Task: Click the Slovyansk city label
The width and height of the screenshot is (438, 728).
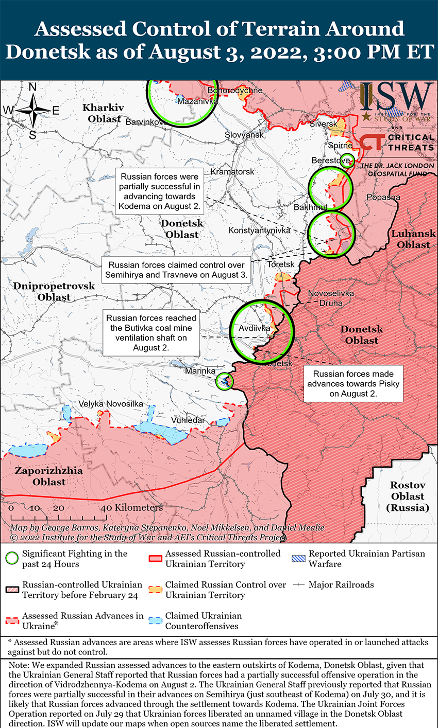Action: point(244,135)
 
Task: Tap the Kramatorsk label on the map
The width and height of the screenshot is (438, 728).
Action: point(232,172)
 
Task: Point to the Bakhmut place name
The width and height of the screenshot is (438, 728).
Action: point(310,207)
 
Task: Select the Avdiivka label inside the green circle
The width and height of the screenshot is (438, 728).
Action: point(255,328)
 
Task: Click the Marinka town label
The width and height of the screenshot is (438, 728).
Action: point(200,371)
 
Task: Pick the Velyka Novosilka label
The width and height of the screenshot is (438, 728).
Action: point(111,404)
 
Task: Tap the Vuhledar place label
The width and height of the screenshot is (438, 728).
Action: point(188,420)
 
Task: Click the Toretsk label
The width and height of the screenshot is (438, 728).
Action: point(281,264)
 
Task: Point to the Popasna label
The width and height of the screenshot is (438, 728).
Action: point(383,198)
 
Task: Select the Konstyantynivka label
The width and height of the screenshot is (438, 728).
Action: point(259,230)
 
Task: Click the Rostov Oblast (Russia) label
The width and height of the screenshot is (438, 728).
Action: point(408,496)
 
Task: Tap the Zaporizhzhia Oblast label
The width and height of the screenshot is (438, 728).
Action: point(48,476)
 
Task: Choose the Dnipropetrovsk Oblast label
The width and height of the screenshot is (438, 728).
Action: point(54,292)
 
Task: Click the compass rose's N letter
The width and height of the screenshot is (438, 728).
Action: point(32,87)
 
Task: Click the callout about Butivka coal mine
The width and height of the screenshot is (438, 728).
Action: point(151,333)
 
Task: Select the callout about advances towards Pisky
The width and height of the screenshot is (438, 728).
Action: point(353,384)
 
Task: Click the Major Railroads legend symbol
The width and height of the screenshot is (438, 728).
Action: point(299,585)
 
